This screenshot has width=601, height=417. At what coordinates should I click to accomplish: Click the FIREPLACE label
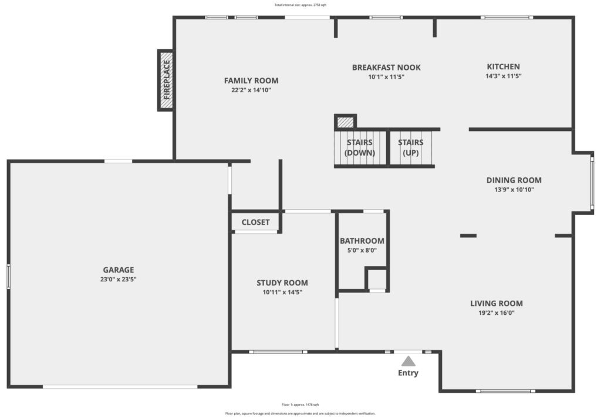(167, 80)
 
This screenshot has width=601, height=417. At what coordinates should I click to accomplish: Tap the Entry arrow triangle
(408, 361)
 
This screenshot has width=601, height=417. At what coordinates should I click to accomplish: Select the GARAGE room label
(119, 270)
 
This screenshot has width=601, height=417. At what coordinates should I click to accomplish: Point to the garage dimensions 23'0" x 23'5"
(119, 280)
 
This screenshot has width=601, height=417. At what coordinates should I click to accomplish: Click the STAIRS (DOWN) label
(360, 147)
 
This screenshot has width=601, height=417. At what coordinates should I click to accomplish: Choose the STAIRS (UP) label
(410, 147)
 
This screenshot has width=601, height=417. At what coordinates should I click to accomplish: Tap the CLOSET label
(256, 222)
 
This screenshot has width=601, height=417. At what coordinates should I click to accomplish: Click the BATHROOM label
(362, 241)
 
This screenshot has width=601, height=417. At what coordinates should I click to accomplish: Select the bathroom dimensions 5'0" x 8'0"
(362, 251)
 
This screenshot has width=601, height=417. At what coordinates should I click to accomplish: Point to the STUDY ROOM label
(282, 283)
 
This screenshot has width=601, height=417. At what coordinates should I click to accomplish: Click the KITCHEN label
(503, 67)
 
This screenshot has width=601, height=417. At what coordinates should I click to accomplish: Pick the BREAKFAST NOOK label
(386, 68)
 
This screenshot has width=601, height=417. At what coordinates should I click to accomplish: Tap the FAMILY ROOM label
(251, 80)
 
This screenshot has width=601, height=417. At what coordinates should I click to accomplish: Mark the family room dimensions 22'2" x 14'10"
(251, 90)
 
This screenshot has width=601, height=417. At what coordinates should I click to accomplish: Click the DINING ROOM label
(514, 180)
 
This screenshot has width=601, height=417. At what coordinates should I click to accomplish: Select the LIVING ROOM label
(497, 304)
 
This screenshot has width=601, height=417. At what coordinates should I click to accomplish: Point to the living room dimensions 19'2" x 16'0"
(497, 312)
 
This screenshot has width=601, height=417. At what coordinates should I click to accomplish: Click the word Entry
(408, 373)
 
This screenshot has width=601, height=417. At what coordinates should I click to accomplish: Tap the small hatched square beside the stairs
(345, 122)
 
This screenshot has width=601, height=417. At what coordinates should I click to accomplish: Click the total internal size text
(300, 5)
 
